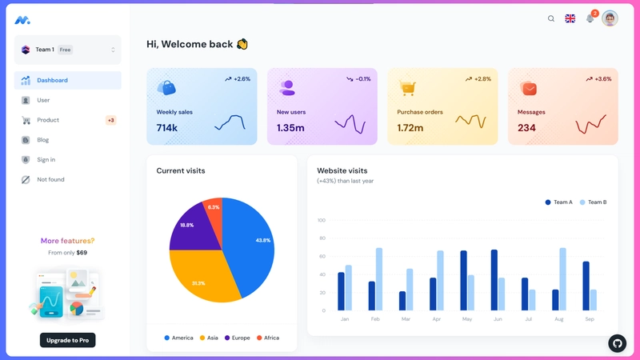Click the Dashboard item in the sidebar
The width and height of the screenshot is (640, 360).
click(52, 80)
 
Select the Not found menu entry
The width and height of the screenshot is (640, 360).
click(50, 179)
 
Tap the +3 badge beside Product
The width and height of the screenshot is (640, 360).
click(110, 120)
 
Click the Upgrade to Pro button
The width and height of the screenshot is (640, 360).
click(67, 340)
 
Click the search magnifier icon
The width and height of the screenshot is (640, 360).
click(551, 18)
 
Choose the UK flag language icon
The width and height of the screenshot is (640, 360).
click(570, 18)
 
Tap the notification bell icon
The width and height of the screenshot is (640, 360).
click(590, 18)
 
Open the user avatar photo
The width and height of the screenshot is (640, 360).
click(610, 18)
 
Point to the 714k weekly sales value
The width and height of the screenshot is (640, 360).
click(167, 128)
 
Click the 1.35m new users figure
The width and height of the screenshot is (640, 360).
click(290, 128)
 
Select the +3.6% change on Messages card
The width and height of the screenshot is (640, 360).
click(602, 79)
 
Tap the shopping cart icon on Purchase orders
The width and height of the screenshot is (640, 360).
click(407, 88)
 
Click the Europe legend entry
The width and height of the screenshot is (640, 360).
click(238, 338)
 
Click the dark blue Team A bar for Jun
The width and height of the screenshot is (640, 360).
click(494, 280)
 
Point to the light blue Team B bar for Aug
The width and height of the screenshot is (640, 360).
click(563, 279)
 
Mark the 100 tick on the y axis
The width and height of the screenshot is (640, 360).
click(322, 220)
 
